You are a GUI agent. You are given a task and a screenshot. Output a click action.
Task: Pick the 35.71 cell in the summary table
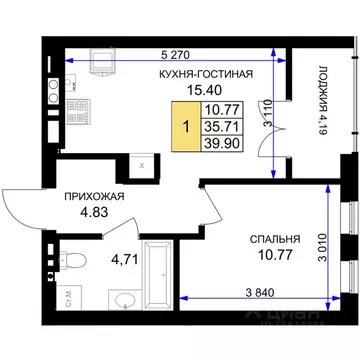pyautogui.click(x=220, y=127)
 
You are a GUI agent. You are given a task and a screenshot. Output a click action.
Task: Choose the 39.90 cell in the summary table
pyautogui.click(x=220, y=145)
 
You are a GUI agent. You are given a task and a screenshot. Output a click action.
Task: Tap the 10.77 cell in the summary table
pyautogui.click(x=220, y=110)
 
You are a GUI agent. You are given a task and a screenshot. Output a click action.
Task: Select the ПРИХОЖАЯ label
pyautogui.click(x=92, y=198)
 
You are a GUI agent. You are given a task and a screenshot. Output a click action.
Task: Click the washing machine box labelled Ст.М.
pyautogui.click(x=66, y=297)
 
